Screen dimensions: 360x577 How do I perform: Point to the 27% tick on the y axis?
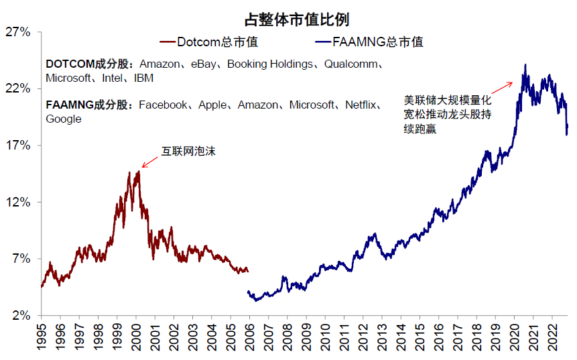18,32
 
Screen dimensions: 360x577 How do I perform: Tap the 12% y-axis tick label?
18,202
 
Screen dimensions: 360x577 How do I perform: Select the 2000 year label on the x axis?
136,337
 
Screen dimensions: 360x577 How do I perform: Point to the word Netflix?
363,105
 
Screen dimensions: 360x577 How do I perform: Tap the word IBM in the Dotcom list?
143,78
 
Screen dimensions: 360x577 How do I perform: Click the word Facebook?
163,105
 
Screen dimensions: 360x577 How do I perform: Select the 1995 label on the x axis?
41,337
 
